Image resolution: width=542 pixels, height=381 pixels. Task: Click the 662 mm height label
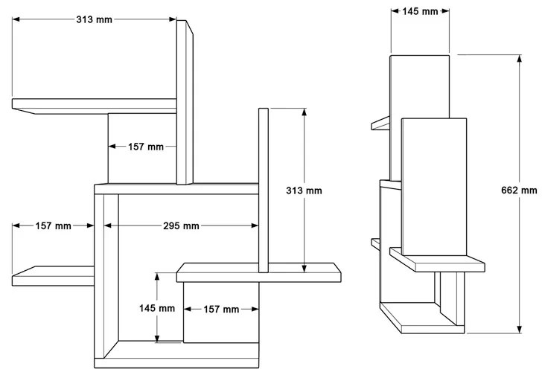click(x=519, y=190)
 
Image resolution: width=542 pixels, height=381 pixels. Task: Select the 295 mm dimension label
click(x=181, y=225)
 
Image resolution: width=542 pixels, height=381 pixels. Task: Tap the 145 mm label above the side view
click(x=420, y=11)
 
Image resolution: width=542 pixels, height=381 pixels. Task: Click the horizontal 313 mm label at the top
click(x=95, y=19)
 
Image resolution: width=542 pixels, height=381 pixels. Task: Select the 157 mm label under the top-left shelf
click(x=145, y=147)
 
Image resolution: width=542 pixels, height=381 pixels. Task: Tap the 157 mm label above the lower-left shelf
click(x=54, y=225)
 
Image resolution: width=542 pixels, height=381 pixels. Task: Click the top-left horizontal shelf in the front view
click(x=93, y=105)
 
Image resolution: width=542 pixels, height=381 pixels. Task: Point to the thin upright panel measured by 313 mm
click(x=263, y=190)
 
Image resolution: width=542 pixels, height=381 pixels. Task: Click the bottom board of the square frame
click(x=179, y=356)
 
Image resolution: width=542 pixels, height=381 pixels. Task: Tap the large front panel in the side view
click(x=432, y=186)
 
